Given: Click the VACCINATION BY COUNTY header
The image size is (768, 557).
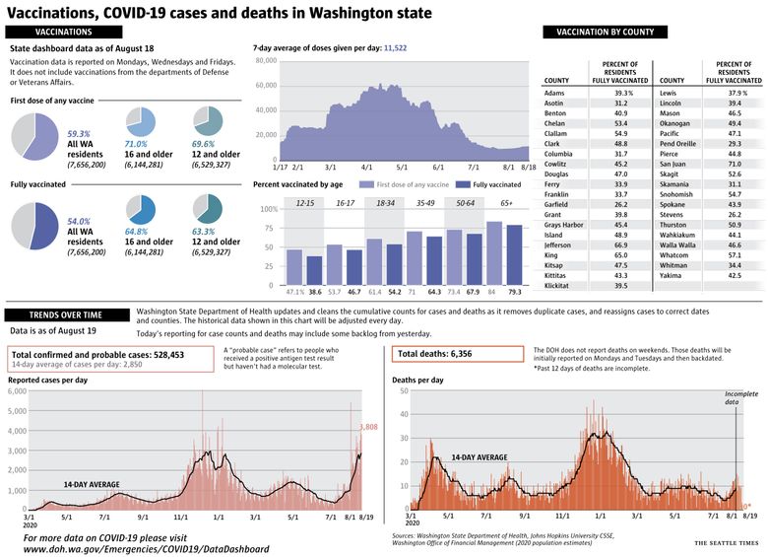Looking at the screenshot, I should point(605,33).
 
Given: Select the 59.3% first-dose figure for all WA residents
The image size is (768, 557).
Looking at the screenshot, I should point(79,133).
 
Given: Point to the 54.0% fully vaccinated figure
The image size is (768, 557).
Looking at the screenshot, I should point(79,222).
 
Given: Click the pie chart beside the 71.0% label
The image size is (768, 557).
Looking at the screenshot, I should point(141,122).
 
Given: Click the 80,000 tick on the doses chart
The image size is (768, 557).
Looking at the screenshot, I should point(265,61).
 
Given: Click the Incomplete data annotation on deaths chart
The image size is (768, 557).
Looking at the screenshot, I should point(740,397).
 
